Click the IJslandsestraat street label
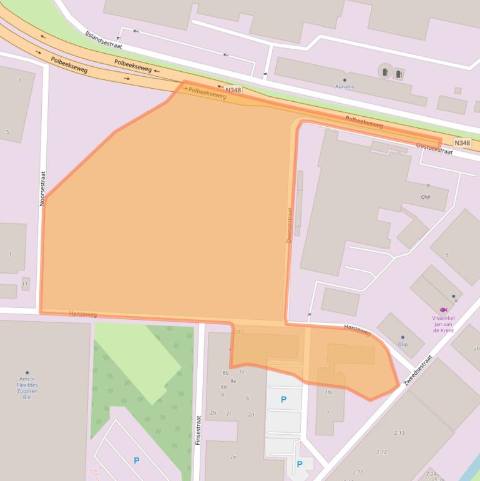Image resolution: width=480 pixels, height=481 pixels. coord(104,40)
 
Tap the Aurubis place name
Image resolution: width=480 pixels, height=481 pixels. coord(345,87)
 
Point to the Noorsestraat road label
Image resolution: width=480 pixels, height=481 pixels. coord(42,189)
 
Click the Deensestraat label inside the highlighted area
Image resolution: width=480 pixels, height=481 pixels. coord(290,226)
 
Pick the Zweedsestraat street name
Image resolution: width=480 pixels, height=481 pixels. coord(418,370)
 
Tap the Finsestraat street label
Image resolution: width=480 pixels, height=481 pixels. coord(199,429)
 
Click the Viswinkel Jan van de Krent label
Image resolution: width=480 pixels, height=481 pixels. coord(443,324)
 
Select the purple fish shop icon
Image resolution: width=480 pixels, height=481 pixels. coord(444,309)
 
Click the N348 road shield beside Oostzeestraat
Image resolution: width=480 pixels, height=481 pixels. coord(462,143)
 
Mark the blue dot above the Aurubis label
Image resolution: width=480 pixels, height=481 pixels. coord(345,80)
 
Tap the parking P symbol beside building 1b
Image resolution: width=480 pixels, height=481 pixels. coord(284,399)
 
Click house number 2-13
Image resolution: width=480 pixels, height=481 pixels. coord(399,433)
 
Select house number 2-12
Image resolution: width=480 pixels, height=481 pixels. coord(381,452)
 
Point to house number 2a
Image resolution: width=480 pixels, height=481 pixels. coord(233,457)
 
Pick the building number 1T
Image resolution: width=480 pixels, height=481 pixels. coord(26,284)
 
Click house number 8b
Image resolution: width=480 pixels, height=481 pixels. coord(225,373)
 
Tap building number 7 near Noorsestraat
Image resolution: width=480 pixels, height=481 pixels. coord(19,81)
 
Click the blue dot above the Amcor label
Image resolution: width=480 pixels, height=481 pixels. coord(27,373)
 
